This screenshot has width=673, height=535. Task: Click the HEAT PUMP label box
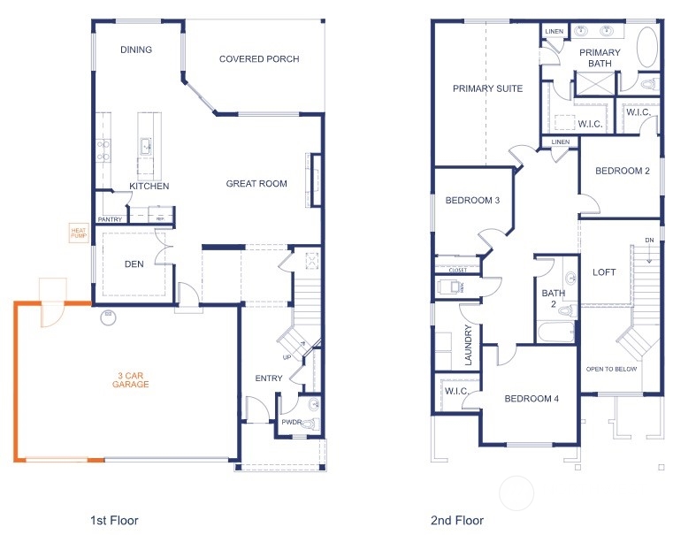79,233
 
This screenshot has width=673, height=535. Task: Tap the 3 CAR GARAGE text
130,380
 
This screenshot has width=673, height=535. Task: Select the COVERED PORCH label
259,59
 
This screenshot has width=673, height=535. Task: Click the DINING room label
136,50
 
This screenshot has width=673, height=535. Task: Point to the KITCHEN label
149,186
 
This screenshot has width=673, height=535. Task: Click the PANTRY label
110,219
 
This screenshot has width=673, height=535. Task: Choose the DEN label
134,263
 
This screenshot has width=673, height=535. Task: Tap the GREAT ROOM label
256,184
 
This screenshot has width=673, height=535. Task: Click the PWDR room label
291,423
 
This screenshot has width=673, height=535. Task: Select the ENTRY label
269,378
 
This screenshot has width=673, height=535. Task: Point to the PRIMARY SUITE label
487,88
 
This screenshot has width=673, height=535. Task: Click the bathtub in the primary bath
647,48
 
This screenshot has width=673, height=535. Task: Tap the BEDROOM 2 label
623,172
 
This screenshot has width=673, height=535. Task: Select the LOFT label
604,272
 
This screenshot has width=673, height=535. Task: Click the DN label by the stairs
649,240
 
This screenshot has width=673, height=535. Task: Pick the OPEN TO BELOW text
611,368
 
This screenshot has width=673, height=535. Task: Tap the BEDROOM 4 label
532,399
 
